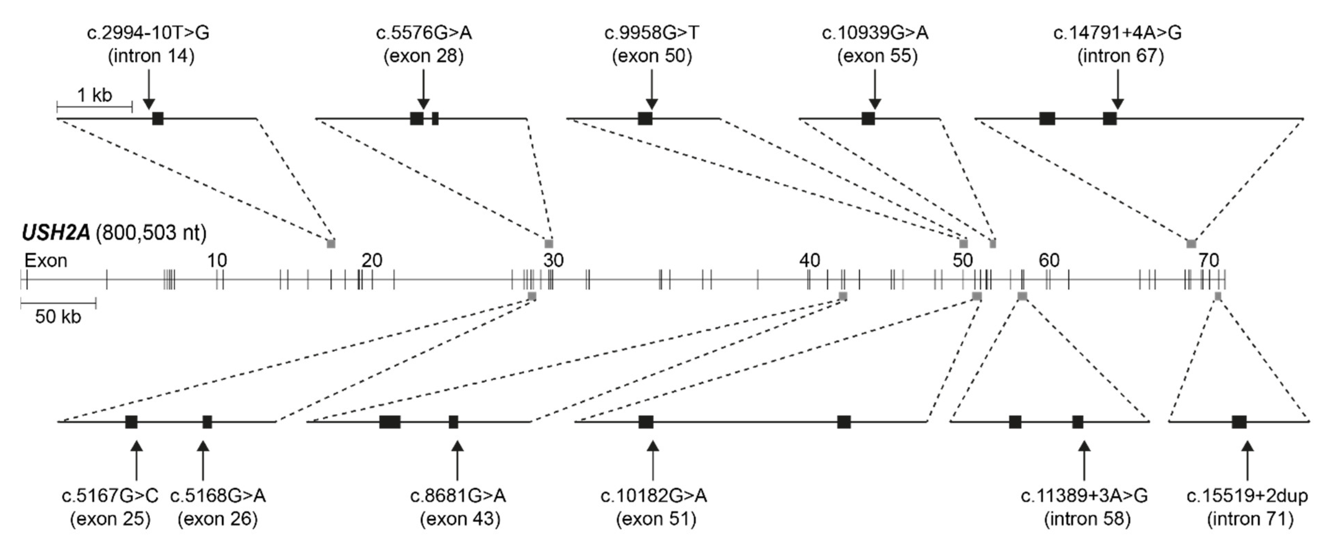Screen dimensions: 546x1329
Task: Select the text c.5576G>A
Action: (424, 33)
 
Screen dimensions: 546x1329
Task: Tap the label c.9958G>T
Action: (652, 33)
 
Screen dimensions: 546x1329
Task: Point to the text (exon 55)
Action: (877, 56)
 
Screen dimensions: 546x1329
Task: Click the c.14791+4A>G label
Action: (1117, 33)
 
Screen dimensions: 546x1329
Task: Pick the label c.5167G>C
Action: (110, 496)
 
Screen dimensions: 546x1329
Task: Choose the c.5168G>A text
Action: (218, 496)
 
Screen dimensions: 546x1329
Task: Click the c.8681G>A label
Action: (458, 496)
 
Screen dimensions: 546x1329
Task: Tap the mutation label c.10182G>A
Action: (654, 496)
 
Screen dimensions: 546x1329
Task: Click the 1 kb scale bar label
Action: (94, 95)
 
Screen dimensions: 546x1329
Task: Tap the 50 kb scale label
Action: (58, 316)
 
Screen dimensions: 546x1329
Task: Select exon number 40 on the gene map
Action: (809, 261)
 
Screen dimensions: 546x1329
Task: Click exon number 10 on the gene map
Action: (217, 261)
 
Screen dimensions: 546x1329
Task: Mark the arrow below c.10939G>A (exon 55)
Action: (874, 89)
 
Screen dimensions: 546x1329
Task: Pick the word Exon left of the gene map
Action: (46, 261)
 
